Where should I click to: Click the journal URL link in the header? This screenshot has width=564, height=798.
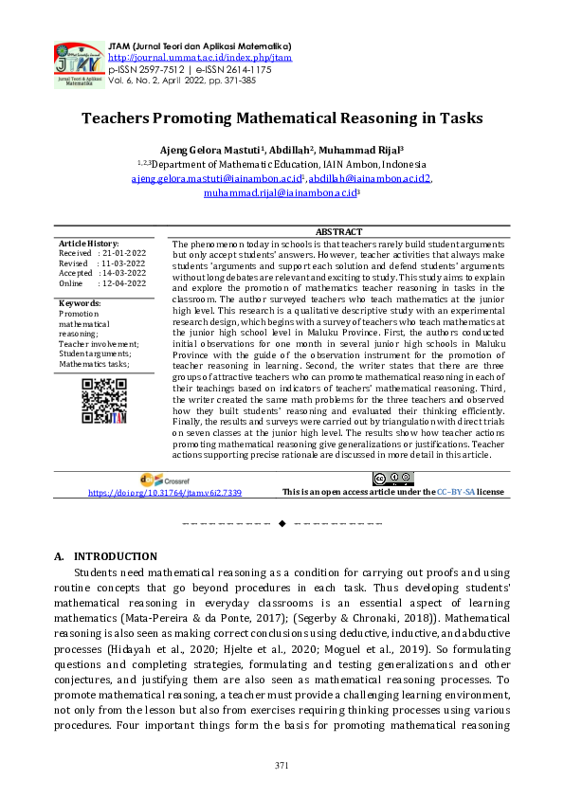coord(201,57)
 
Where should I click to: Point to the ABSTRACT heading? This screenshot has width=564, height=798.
coord(338,232)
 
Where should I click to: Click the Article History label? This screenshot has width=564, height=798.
coord(89,244)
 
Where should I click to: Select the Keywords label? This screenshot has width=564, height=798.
coord(80,303)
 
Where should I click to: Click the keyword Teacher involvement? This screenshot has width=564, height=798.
coord(99,344)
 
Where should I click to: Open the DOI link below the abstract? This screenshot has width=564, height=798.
coord(165,493)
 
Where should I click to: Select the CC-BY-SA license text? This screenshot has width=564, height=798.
coord(455,493)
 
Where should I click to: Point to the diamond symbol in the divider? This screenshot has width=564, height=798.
coord(282,523)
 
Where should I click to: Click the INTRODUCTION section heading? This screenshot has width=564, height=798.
coord(115,556)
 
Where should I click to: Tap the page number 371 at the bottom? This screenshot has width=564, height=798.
coord(282,765)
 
